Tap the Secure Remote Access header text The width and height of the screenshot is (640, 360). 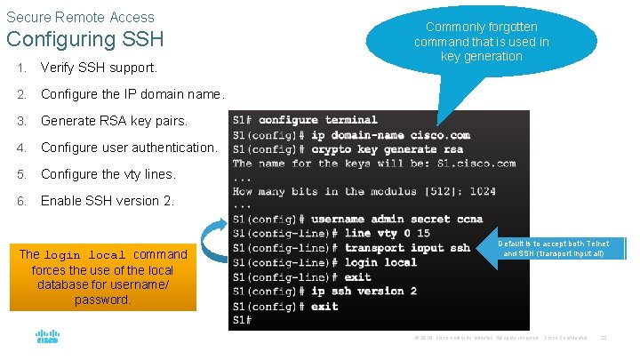80,17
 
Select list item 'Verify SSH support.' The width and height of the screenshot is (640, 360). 99,68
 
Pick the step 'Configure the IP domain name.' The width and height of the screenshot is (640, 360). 132,94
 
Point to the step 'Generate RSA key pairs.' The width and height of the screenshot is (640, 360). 114,121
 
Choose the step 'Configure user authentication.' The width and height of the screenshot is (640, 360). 128,148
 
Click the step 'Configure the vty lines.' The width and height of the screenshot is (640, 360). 108,174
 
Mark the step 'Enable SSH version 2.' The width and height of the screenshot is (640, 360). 107,201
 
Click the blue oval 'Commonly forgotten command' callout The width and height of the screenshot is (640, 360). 481,42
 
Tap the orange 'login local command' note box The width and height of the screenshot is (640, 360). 103,277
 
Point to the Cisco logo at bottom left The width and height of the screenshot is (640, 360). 47,337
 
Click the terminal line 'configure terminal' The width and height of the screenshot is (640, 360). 317,120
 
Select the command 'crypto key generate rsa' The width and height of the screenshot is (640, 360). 387,149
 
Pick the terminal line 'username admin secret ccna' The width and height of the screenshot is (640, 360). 396,220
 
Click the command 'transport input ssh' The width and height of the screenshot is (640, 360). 407,248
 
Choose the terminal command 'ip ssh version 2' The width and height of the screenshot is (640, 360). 364,292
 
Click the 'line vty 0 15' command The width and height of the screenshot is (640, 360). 387,234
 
